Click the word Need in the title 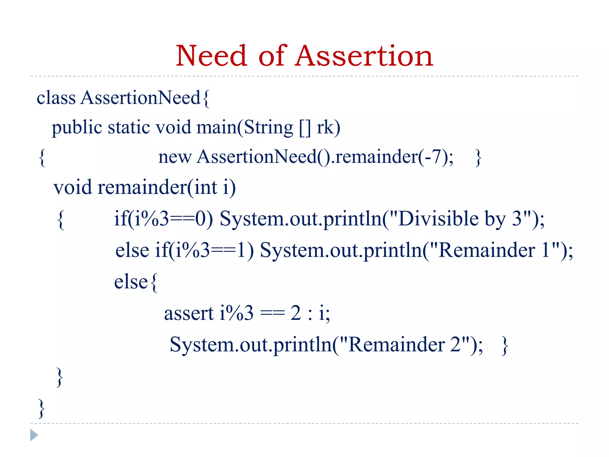click(211, 56)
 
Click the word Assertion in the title click(364, 56)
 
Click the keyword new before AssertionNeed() click(175, 157)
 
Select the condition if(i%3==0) click(163, 219)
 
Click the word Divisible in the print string click(438, 219)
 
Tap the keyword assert click(189, 314)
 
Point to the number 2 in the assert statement click(296, 313)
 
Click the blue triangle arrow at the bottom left click(34, 435)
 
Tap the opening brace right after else click(154, 283)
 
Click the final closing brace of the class click(42, 409)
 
